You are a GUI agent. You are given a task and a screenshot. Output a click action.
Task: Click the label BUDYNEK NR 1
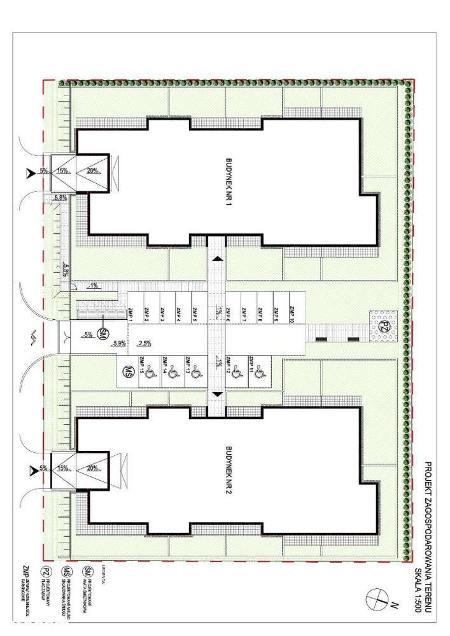[x=227, y=185]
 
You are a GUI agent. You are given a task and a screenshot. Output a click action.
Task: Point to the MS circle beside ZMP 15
[x=128, y=370]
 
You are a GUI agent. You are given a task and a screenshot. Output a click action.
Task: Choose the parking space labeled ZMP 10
[x=292, y=313]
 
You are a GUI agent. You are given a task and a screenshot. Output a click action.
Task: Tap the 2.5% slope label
[x=144, y=343]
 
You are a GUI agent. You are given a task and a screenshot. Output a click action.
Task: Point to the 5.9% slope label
[x=118, y=343]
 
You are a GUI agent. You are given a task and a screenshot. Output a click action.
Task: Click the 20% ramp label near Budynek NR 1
[x=92, y=171]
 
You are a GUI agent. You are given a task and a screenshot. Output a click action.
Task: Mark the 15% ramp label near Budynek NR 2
[x=63, y=468]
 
